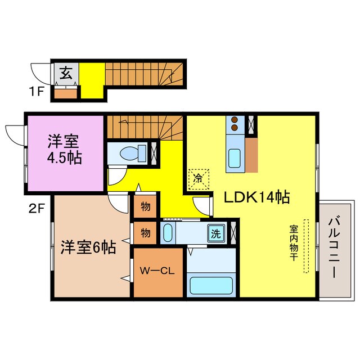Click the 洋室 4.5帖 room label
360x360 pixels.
(64, 149)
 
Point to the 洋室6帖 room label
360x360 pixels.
(88, 246)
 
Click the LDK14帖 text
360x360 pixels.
(257, 197)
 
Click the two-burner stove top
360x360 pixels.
(235, 125)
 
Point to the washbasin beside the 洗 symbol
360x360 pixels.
(168, 233)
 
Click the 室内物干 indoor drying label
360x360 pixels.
(294, 246)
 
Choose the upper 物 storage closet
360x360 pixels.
(145, 206)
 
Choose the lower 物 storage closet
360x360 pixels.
(145, 232)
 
